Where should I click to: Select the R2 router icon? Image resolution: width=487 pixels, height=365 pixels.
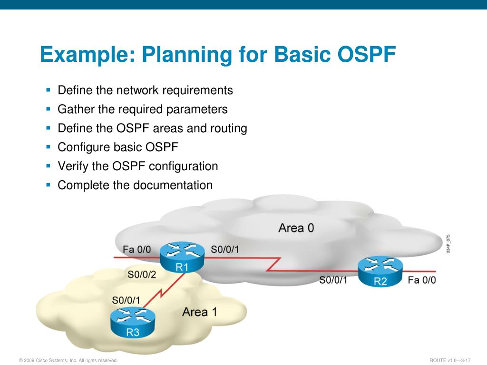point(380,272)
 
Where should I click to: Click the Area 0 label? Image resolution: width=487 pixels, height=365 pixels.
point(296,228)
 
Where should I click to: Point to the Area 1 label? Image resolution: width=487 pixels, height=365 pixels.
point(200,312)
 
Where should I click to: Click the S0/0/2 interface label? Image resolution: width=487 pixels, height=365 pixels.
point(142,274)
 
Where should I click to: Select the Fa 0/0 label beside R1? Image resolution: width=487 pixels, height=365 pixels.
point(136,250)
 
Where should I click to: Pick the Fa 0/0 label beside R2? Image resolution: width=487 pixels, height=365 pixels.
point(422,280)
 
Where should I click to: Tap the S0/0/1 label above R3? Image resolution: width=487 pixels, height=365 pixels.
point(126,300)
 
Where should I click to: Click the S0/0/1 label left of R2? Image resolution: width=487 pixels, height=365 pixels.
point(333,280)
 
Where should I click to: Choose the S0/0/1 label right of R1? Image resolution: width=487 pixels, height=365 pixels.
point(225,250)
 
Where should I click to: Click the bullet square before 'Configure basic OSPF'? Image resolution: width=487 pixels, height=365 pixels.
point(49,147)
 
